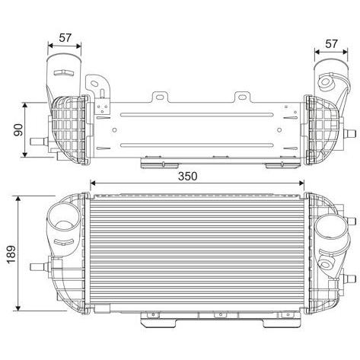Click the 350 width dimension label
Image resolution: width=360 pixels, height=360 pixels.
(187, 176)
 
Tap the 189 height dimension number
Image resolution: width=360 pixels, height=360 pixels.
(12, 254)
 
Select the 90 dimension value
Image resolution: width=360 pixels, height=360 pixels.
(18, 130)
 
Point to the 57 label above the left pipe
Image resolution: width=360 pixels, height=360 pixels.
(65, 38)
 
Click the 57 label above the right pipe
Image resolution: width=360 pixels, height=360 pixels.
(332, 44)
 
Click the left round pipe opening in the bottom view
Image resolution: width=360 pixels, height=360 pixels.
(64, 216)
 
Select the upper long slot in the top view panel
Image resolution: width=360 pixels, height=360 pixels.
(197, 115)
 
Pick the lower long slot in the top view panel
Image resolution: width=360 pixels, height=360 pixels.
(197, 145)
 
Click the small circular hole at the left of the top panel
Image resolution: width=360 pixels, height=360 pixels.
(114, 130)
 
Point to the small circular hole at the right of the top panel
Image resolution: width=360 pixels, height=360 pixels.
(279, 130)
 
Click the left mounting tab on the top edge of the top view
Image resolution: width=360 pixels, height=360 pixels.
(160, 97)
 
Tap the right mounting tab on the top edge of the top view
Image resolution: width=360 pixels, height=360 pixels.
(242, 97)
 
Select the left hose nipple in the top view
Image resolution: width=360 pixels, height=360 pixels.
(39, 142)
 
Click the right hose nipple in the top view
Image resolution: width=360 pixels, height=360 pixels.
(349, 133)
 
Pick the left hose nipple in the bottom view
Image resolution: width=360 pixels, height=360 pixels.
(40, 267)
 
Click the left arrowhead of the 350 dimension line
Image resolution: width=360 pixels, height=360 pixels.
(93, 183)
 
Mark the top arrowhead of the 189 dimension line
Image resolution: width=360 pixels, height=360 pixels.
(18, 198)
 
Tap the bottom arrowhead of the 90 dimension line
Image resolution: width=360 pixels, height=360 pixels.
(24, 155)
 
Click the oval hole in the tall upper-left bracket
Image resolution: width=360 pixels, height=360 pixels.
(94, 84)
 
